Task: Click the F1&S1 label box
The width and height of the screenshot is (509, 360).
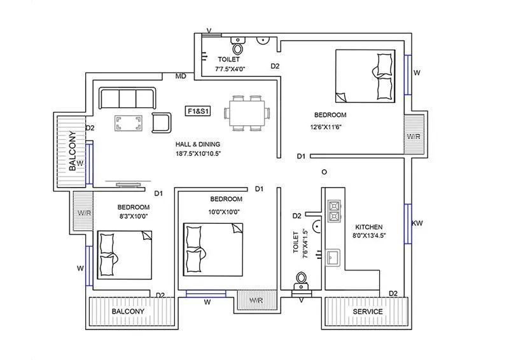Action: pyautogui.click(x=198, y=111)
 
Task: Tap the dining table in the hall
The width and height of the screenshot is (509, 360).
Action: pyautogui.click(x=247, y=113)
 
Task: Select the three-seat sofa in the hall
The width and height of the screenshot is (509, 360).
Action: pyautogui.click(x=127, y=99)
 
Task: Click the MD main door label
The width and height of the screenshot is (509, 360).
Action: pyautogui.click(x=181, y=77)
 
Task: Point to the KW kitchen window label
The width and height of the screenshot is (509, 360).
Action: pyautogui.click(x=417, y=223)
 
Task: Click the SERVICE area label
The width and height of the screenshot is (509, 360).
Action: pyautogui.click(x=368, y=312)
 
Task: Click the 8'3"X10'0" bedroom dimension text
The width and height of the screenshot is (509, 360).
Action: pyautogui.click(x=133, y=217)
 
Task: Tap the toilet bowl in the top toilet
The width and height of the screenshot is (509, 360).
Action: pyautogui.click(x=239, y=48)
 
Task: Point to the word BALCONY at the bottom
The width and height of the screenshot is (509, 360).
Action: pyautogui.click(x=128, y=312)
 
